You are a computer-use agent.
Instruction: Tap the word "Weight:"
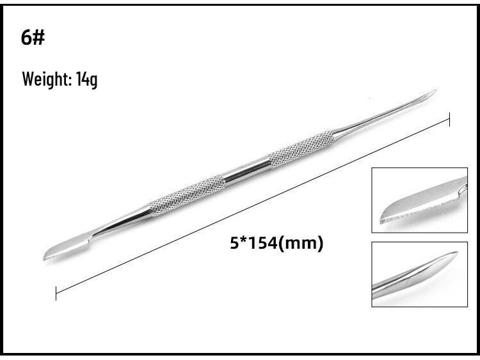coord(45,80)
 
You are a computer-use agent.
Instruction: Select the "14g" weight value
coord(87,81)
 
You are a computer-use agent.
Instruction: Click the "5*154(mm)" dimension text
coord(276,243)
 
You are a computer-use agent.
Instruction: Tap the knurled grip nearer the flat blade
coord(187,194)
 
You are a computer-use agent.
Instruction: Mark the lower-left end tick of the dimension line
coord(56,293)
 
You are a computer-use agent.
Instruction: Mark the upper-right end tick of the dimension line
coord(450,120)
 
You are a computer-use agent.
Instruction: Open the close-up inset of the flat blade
coord(419,200)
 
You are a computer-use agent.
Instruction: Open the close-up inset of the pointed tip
coord(419,274)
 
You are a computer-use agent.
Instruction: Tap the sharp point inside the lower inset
coord(456,253)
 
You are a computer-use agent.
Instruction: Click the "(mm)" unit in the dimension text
coord(307,243)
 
